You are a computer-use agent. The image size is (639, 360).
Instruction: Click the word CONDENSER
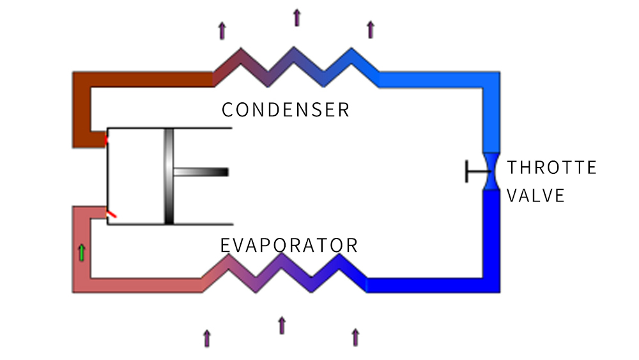[x=286, y=109]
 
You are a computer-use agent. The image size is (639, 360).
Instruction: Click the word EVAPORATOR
[x=289, y=245]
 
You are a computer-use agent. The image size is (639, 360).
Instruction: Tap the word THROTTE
[x=551, y=168]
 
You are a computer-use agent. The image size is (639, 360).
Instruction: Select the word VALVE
[x=535, y=195]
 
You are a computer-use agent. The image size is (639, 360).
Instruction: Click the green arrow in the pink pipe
[x=81, y=253]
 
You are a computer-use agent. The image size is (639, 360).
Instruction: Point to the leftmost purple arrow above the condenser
[x=222, y=30]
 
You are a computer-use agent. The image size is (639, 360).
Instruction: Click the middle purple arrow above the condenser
[x=296, y=17]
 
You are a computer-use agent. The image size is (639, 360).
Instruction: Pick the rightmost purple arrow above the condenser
[x=370, y=29]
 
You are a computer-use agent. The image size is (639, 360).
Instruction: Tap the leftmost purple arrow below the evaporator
[x=206, y=338]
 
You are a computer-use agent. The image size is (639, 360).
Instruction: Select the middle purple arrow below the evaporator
[x=281, y=325]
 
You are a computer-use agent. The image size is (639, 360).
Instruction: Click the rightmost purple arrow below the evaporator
[x=355, y=337]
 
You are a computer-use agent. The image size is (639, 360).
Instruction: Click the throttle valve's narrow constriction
[x=490, y=171]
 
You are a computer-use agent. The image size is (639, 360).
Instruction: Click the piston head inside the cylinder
[x=169, y=176]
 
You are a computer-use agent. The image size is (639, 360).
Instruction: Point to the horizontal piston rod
[x=201, y=172]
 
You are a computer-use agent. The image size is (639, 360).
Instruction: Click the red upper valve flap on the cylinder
[x=106, y=137]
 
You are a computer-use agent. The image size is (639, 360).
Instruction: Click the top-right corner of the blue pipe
[x=489, y=81]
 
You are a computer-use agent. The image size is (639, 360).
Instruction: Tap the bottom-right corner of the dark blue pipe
[x=489, y=285]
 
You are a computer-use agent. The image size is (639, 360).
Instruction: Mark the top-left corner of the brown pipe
[x=82, y=80]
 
